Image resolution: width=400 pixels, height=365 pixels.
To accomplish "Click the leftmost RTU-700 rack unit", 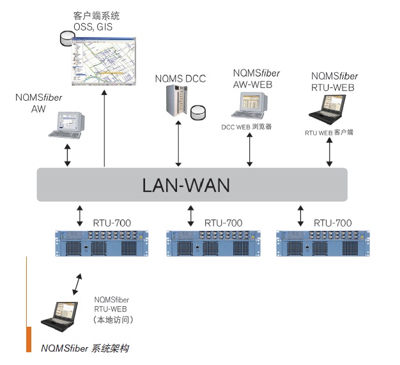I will pos(103,244).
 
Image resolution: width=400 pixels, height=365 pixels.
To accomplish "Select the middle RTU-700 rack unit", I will pos(213,244).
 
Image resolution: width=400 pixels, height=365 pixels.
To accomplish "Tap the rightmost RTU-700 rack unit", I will pos(323,244).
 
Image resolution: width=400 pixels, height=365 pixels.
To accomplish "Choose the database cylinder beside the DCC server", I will pos(198,113).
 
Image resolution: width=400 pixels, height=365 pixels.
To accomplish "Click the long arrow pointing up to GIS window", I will pos(105,128).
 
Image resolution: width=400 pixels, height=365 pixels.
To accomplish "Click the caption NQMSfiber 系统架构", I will pos(85,348).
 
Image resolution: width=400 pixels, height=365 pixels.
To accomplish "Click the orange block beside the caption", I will pos(29,338).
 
